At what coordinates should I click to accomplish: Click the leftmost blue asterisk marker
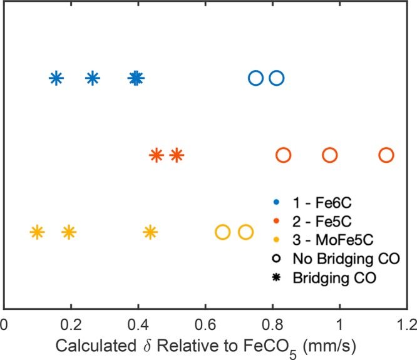[x=56, y=78]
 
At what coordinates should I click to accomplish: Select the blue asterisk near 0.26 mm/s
[x=93, y=78]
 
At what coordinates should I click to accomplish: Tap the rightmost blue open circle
[x=276, y=78]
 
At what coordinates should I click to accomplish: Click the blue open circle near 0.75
[x=255, y=78]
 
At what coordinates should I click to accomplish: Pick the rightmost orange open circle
[x=386, y=155]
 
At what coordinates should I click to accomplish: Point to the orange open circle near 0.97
[x=330, y=155]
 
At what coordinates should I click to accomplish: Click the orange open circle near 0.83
[x=283, y=155]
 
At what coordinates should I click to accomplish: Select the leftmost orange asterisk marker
[x=157, y=155]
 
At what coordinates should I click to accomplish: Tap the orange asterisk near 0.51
[x=177, y=155]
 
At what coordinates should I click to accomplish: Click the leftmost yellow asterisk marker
[x=37, y=232]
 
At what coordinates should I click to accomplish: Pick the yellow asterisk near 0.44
[x=150, y=232]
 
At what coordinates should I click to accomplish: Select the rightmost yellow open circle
[x=246, y=232]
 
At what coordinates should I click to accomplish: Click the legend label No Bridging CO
[x=337, y=258]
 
